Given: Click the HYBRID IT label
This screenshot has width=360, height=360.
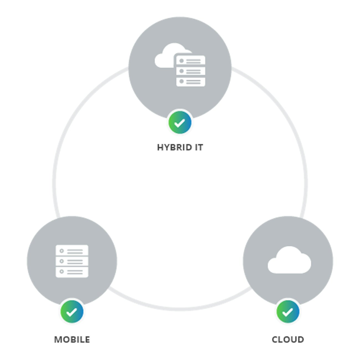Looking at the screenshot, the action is [x=180, y=147].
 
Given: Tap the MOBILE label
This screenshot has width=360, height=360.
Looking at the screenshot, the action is [x=72, y=340].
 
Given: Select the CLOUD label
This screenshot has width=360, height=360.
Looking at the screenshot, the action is [x=288, y=340].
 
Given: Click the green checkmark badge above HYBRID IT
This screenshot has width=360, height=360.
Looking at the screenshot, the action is [x=180, y=123].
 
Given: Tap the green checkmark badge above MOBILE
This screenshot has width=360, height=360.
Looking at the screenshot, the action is [x=72, y=312].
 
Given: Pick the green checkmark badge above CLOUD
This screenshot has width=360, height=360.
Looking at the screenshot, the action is [x=288, y=312].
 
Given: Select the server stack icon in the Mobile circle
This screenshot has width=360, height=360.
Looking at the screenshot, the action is [x=72, y=261].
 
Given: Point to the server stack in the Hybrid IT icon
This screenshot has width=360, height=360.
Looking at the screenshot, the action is [x=191, y=71].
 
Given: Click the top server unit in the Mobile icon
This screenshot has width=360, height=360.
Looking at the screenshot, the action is [x=72, y=250].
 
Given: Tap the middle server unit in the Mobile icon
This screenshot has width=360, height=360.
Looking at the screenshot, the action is [x=72, y=261].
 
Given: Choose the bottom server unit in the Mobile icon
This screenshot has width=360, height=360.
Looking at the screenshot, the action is [x=72, y=272].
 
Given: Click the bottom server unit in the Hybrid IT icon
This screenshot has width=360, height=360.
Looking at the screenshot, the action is [x=191, y=82].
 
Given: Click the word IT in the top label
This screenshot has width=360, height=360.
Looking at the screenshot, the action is [x=199, y=147].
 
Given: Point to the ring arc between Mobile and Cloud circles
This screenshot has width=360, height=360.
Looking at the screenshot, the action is [x=180, y=309].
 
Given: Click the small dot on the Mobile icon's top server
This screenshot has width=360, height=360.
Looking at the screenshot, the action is [x=61, y=251].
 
